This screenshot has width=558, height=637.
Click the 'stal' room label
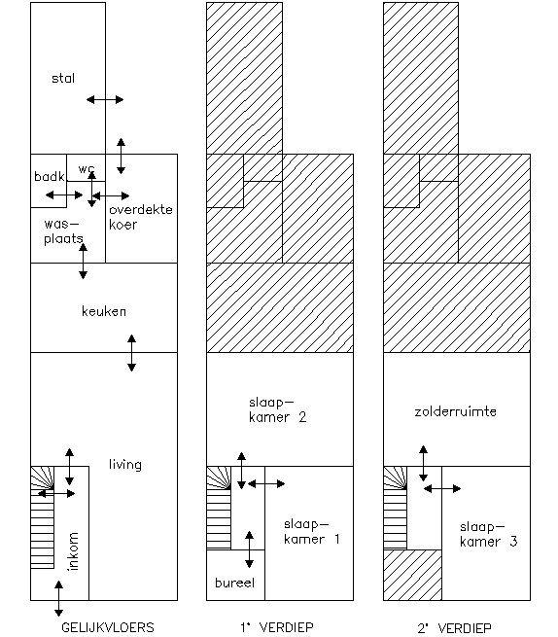[63, 78]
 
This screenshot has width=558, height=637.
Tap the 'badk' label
[50, 176]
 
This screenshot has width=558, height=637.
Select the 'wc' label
[87, 168]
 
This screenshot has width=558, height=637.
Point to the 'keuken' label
[104, 311]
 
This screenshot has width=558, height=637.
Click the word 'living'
[125, 464]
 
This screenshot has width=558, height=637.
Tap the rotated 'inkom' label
[73, 551]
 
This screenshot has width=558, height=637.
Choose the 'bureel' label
[234, 583]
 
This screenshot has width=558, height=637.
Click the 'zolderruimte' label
[455, 411]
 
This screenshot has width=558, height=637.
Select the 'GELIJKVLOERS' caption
[108, 627]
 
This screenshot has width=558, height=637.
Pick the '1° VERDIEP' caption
[277, 627]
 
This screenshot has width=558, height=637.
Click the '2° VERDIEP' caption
[454, 628]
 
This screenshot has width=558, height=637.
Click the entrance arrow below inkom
[59, 598]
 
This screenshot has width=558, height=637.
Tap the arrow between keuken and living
[131, 353]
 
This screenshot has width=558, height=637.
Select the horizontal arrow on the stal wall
[105, 99]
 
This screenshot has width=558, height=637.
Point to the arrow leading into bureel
[250, 549]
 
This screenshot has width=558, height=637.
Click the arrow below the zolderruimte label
[423, 464]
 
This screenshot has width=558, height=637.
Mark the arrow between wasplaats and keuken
[83, 262]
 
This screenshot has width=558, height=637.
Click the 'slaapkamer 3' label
[489, 534]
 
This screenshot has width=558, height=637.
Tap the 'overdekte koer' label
[141, 217]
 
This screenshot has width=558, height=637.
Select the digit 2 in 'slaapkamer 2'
[302, 417]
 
